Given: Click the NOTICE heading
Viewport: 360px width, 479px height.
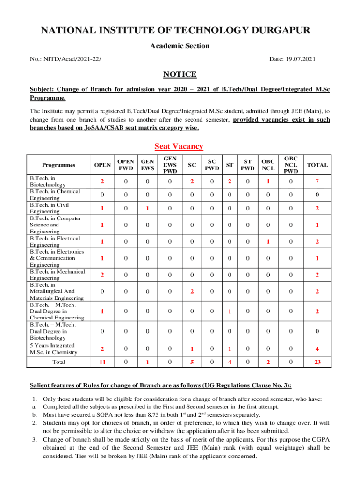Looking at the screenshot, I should [x=180, y=74].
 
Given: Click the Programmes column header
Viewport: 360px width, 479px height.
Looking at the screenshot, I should [x=58, y=165].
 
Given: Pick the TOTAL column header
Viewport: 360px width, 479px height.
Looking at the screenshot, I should [x=317, y=165].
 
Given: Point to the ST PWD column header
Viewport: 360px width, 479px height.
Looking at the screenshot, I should [x=248, y=165].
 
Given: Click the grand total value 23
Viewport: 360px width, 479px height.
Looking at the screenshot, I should [x=317, y=362].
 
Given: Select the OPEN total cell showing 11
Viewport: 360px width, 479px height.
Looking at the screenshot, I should [x=102, y=362].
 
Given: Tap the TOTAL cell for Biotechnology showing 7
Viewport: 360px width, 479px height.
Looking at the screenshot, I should [x=317, y=181].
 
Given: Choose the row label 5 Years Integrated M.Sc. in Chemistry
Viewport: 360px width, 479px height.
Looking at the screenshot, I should [x=53, y=349].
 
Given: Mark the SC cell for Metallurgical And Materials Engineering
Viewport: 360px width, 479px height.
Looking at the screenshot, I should [x=192, y=292].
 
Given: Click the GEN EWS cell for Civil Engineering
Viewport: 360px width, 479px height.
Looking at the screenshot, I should [x=147, y=208].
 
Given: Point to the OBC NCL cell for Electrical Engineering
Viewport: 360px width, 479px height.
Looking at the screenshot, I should [x=268, y=241].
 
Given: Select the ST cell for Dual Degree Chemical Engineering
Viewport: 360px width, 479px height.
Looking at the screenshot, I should [x=230, y=312].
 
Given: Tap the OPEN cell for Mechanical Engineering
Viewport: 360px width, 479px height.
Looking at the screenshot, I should [x=102, y=275].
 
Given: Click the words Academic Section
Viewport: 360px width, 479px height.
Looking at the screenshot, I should [x=180, y=46].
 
